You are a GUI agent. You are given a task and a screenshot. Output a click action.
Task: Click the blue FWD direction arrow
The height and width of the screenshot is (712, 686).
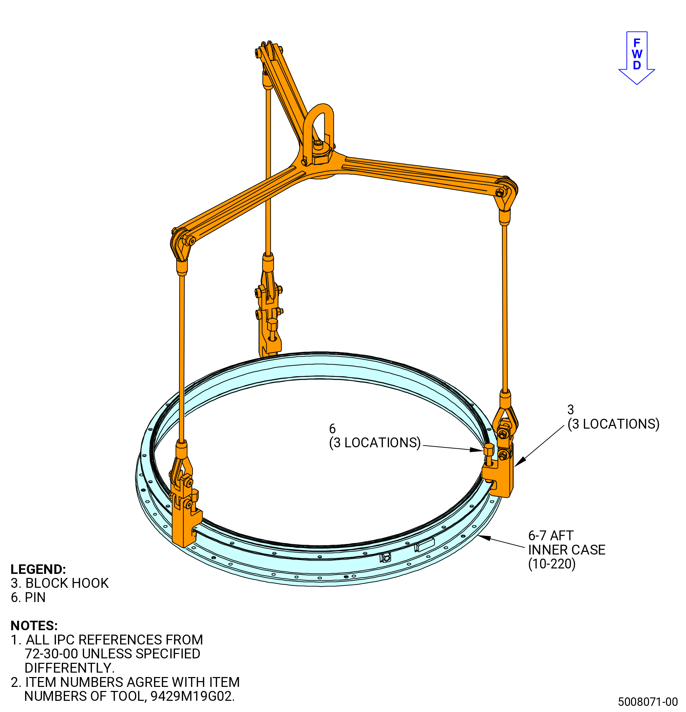pyautogui.click(x=636, y=58)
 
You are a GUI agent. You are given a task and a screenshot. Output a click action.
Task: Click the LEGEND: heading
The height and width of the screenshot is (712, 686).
pyautogui.click(x=38, y=569)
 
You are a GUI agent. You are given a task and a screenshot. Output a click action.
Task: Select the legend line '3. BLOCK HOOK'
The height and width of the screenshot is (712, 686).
pyautogui.click(x=60, y=583)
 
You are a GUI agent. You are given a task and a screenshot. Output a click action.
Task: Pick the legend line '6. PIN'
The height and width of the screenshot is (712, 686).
pyautogui.click(x=28, y=598)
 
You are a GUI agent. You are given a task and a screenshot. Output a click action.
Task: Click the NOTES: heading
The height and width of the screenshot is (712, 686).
pyautogui.click(x=34, y=625)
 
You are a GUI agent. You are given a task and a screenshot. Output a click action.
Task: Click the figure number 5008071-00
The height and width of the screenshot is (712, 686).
pyautogui.click(x=648, y=701)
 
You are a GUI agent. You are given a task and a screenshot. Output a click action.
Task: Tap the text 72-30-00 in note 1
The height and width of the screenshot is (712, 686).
pyautogui.click(x=51, y=654)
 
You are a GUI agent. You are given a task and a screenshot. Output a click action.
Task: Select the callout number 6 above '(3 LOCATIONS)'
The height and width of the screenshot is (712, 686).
pyautogui.click(x=332, y=429)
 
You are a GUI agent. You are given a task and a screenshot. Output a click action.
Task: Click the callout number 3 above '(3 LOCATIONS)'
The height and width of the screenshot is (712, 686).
pyautogui.click(x=571, y=410)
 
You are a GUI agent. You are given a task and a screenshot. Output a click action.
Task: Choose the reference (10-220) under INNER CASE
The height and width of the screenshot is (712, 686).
pyautogui.click(x=552, y=564)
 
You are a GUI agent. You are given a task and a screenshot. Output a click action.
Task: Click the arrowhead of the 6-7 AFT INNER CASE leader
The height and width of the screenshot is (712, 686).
pyautogui.click(x=483, y=537)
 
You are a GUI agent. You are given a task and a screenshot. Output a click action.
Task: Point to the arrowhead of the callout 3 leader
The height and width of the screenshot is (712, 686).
pyautogui.click(x=519, y=463)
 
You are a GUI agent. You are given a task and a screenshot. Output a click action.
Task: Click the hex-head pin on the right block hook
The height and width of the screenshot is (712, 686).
pyautogui.click(x=489, y=453)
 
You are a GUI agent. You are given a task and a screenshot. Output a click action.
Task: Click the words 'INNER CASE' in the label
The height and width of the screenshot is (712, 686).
pyautogui.click(x=567, y=550)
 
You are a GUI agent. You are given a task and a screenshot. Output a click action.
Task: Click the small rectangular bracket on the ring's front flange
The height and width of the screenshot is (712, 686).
pyautogui.click(x=424, y=545)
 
